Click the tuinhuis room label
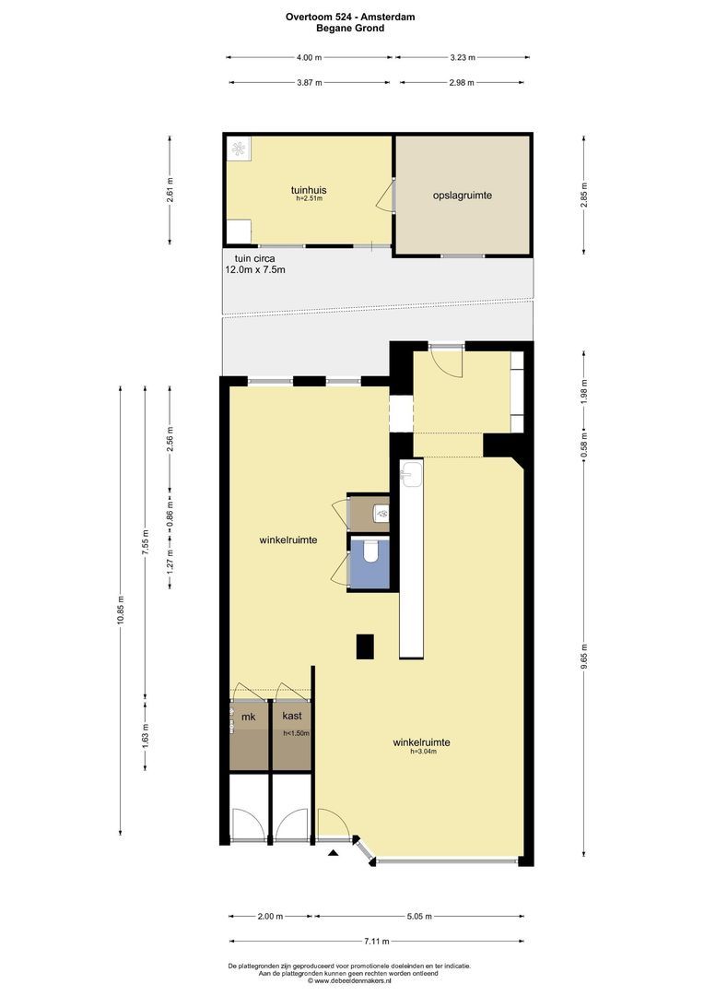[x=309, y=190]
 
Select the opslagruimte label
[x=463, y=196]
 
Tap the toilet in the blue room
[x=371, y=551]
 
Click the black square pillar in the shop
[x=365, y=646]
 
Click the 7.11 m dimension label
[x=377, y=942]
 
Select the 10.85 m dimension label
[x=121, y=611]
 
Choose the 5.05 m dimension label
[x=419, y=916]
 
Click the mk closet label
[x=248, y=717]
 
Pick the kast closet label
[x=292, y=716]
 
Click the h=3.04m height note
[x=424, y=751]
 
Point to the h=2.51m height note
[x=309, y=198]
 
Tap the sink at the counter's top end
[x=412, y=475]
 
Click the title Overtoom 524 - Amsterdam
[x=350, y=18]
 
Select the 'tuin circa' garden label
[x=255, y=258]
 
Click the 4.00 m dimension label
[x=309, y=57]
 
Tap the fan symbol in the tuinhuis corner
[x=239, y=148]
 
